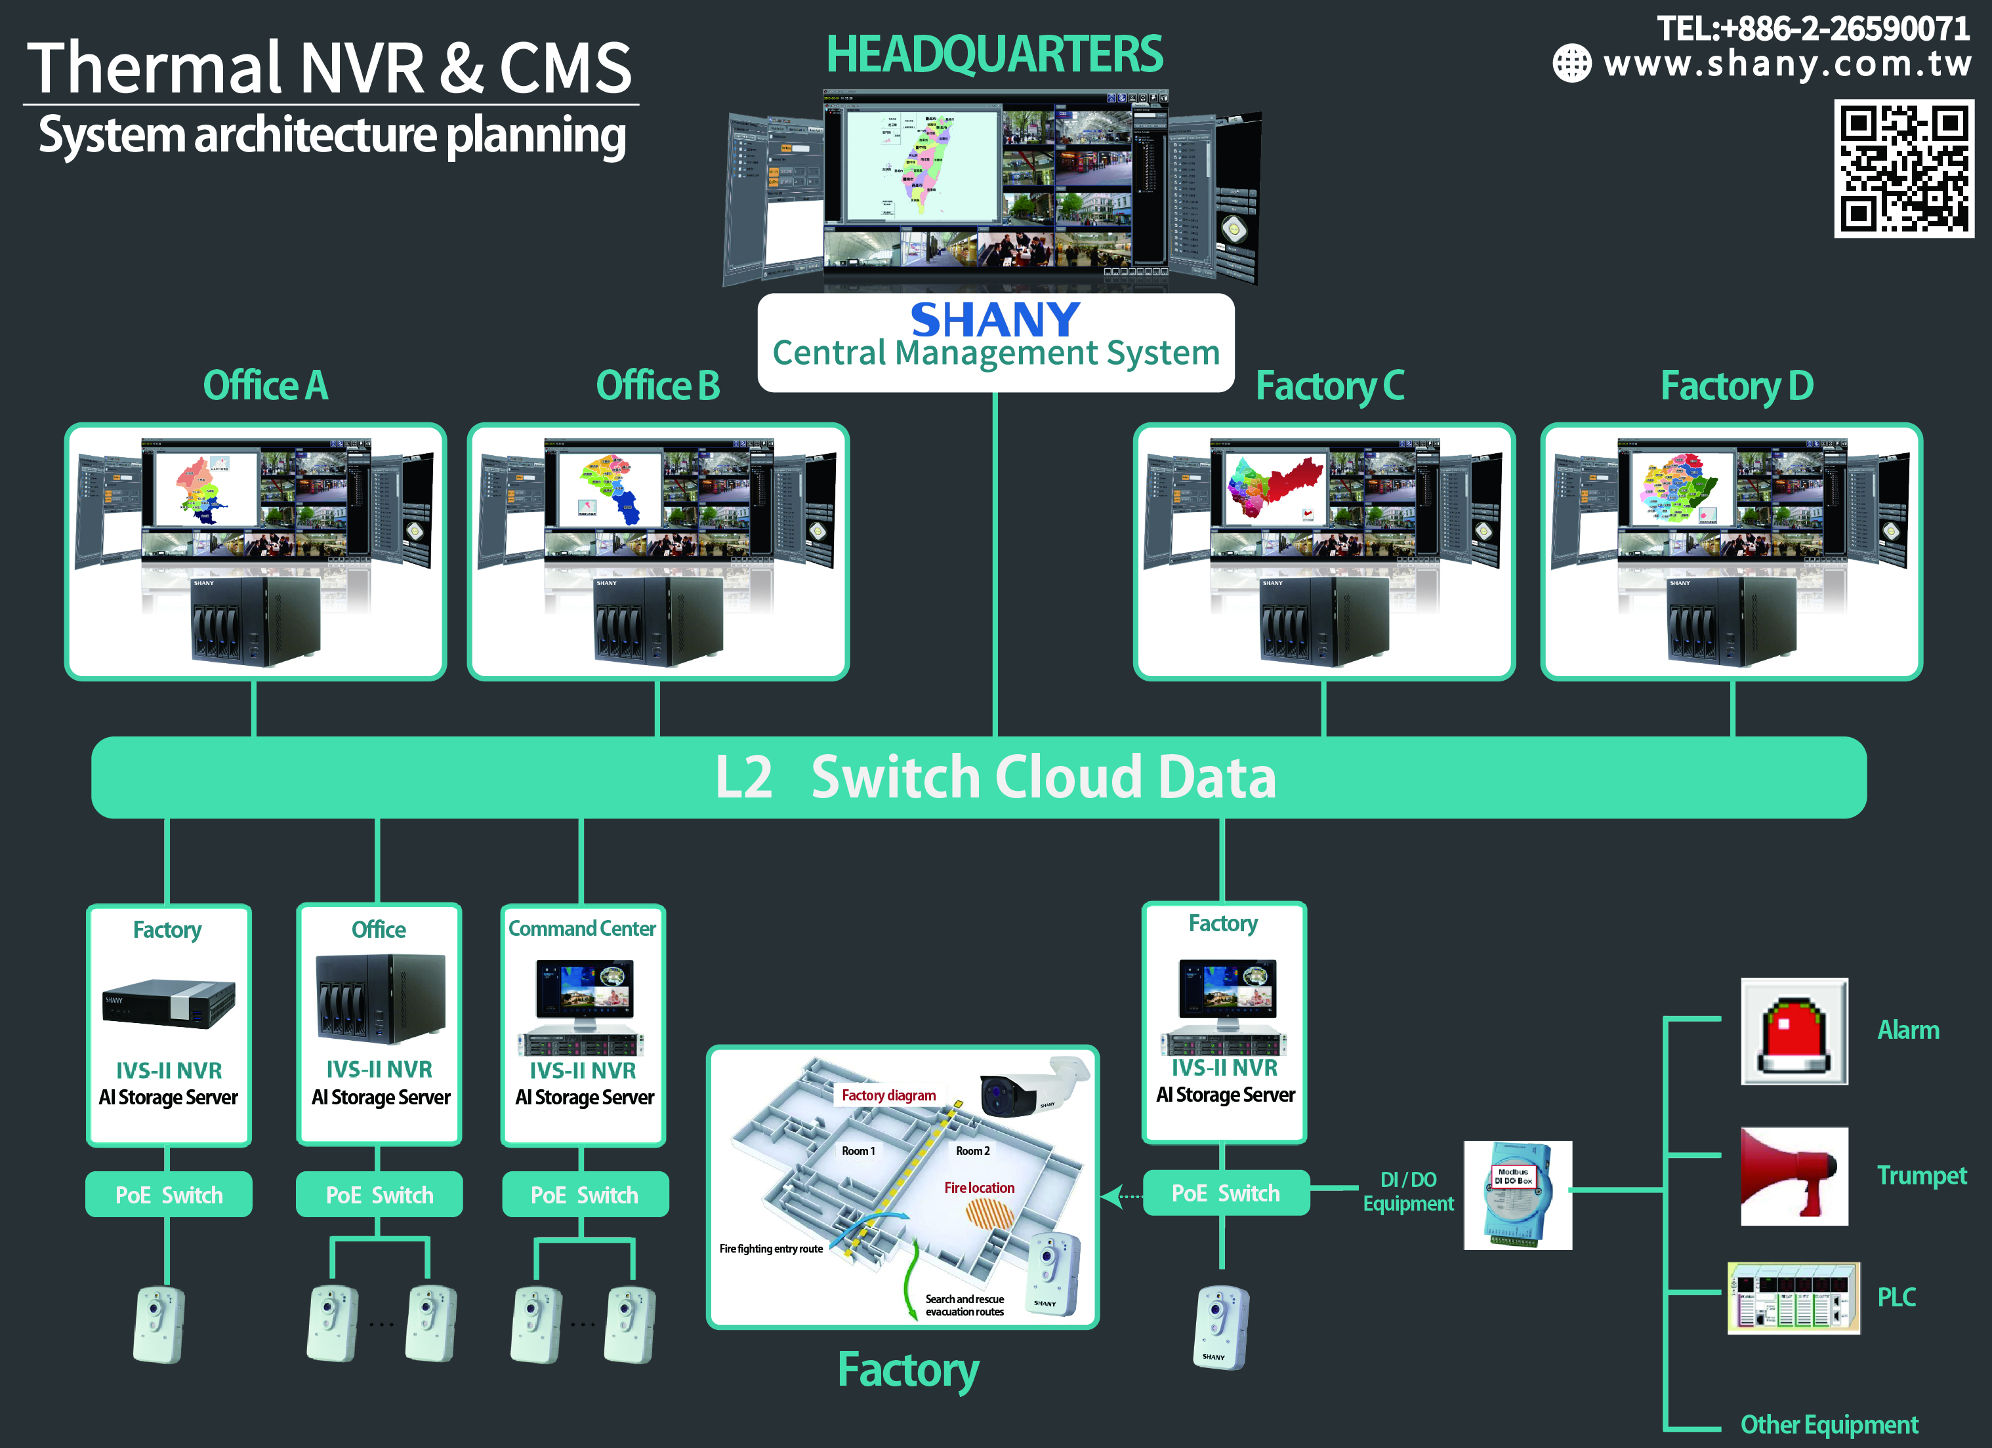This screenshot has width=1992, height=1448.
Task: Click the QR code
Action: [1903, 169]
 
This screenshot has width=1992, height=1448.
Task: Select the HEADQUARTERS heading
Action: [994, 54]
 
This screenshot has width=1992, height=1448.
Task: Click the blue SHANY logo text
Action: [995, 319]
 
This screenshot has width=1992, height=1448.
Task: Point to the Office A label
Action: [265, 386]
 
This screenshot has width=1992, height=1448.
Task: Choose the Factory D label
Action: [1736, 386]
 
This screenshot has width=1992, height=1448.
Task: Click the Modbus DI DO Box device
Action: [1517, 1195]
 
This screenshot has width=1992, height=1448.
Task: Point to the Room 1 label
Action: [858, 1151]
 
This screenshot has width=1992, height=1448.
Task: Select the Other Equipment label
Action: [1829, 1424]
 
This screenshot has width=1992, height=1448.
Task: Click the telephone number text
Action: [1813, 29]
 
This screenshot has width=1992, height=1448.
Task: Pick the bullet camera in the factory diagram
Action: [1032, 1089]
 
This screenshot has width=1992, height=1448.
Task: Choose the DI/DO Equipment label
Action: [1408, 1192]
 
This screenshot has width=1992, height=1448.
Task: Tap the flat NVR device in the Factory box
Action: [169, 1003]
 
